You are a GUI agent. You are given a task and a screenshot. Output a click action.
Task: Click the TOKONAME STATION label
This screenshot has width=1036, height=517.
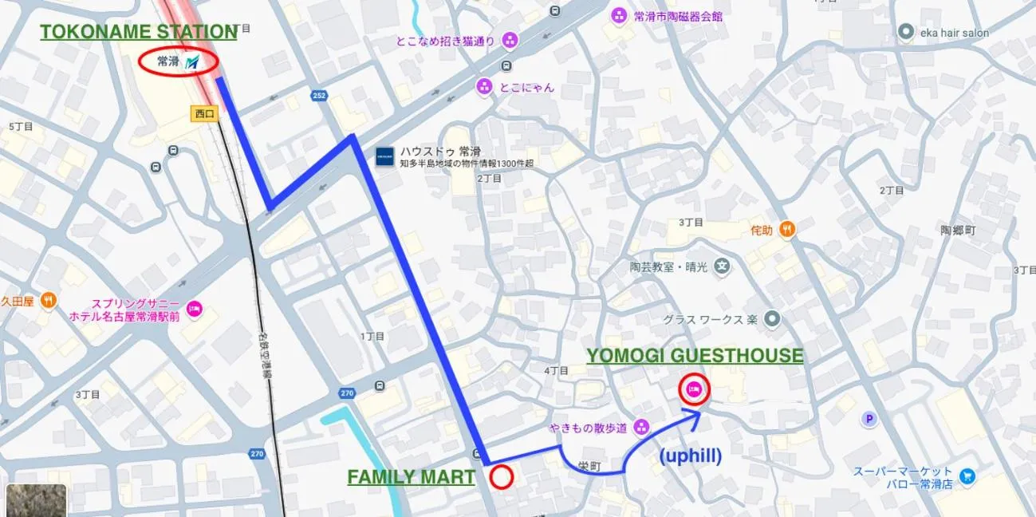point(138,32)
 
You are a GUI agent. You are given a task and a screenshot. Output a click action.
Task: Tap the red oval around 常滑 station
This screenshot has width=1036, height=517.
point(179,61)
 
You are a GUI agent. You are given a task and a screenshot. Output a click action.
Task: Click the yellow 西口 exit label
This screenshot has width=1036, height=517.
point(205,113)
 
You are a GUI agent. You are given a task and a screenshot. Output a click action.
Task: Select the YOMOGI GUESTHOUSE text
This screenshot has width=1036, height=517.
point(695,356)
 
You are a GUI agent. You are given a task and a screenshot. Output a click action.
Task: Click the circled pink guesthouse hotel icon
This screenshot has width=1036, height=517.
point(693,389)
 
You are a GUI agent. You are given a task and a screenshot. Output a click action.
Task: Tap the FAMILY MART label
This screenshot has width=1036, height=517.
point(411,477)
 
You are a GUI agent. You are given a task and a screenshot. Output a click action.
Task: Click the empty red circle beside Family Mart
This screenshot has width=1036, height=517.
point(501,477)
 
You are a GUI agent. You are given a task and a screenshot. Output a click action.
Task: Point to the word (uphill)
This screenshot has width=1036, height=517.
point(691,456)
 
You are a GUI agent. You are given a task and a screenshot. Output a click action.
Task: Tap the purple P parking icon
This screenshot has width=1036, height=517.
point(869,419)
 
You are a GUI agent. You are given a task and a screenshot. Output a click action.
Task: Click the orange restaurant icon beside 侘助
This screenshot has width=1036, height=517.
point(786,230)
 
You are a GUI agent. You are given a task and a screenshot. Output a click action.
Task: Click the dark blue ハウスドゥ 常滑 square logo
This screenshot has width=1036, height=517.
point(385,156)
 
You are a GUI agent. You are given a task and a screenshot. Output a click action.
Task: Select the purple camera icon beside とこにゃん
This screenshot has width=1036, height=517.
point(483,86)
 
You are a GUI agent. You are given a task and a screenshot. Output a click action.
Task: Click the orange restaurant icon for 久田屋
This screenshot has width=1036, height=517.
point(49,301)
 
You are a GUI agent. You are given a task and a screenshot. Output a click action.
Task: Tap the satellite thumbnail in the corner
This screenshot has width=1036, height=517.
point(36,500)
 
